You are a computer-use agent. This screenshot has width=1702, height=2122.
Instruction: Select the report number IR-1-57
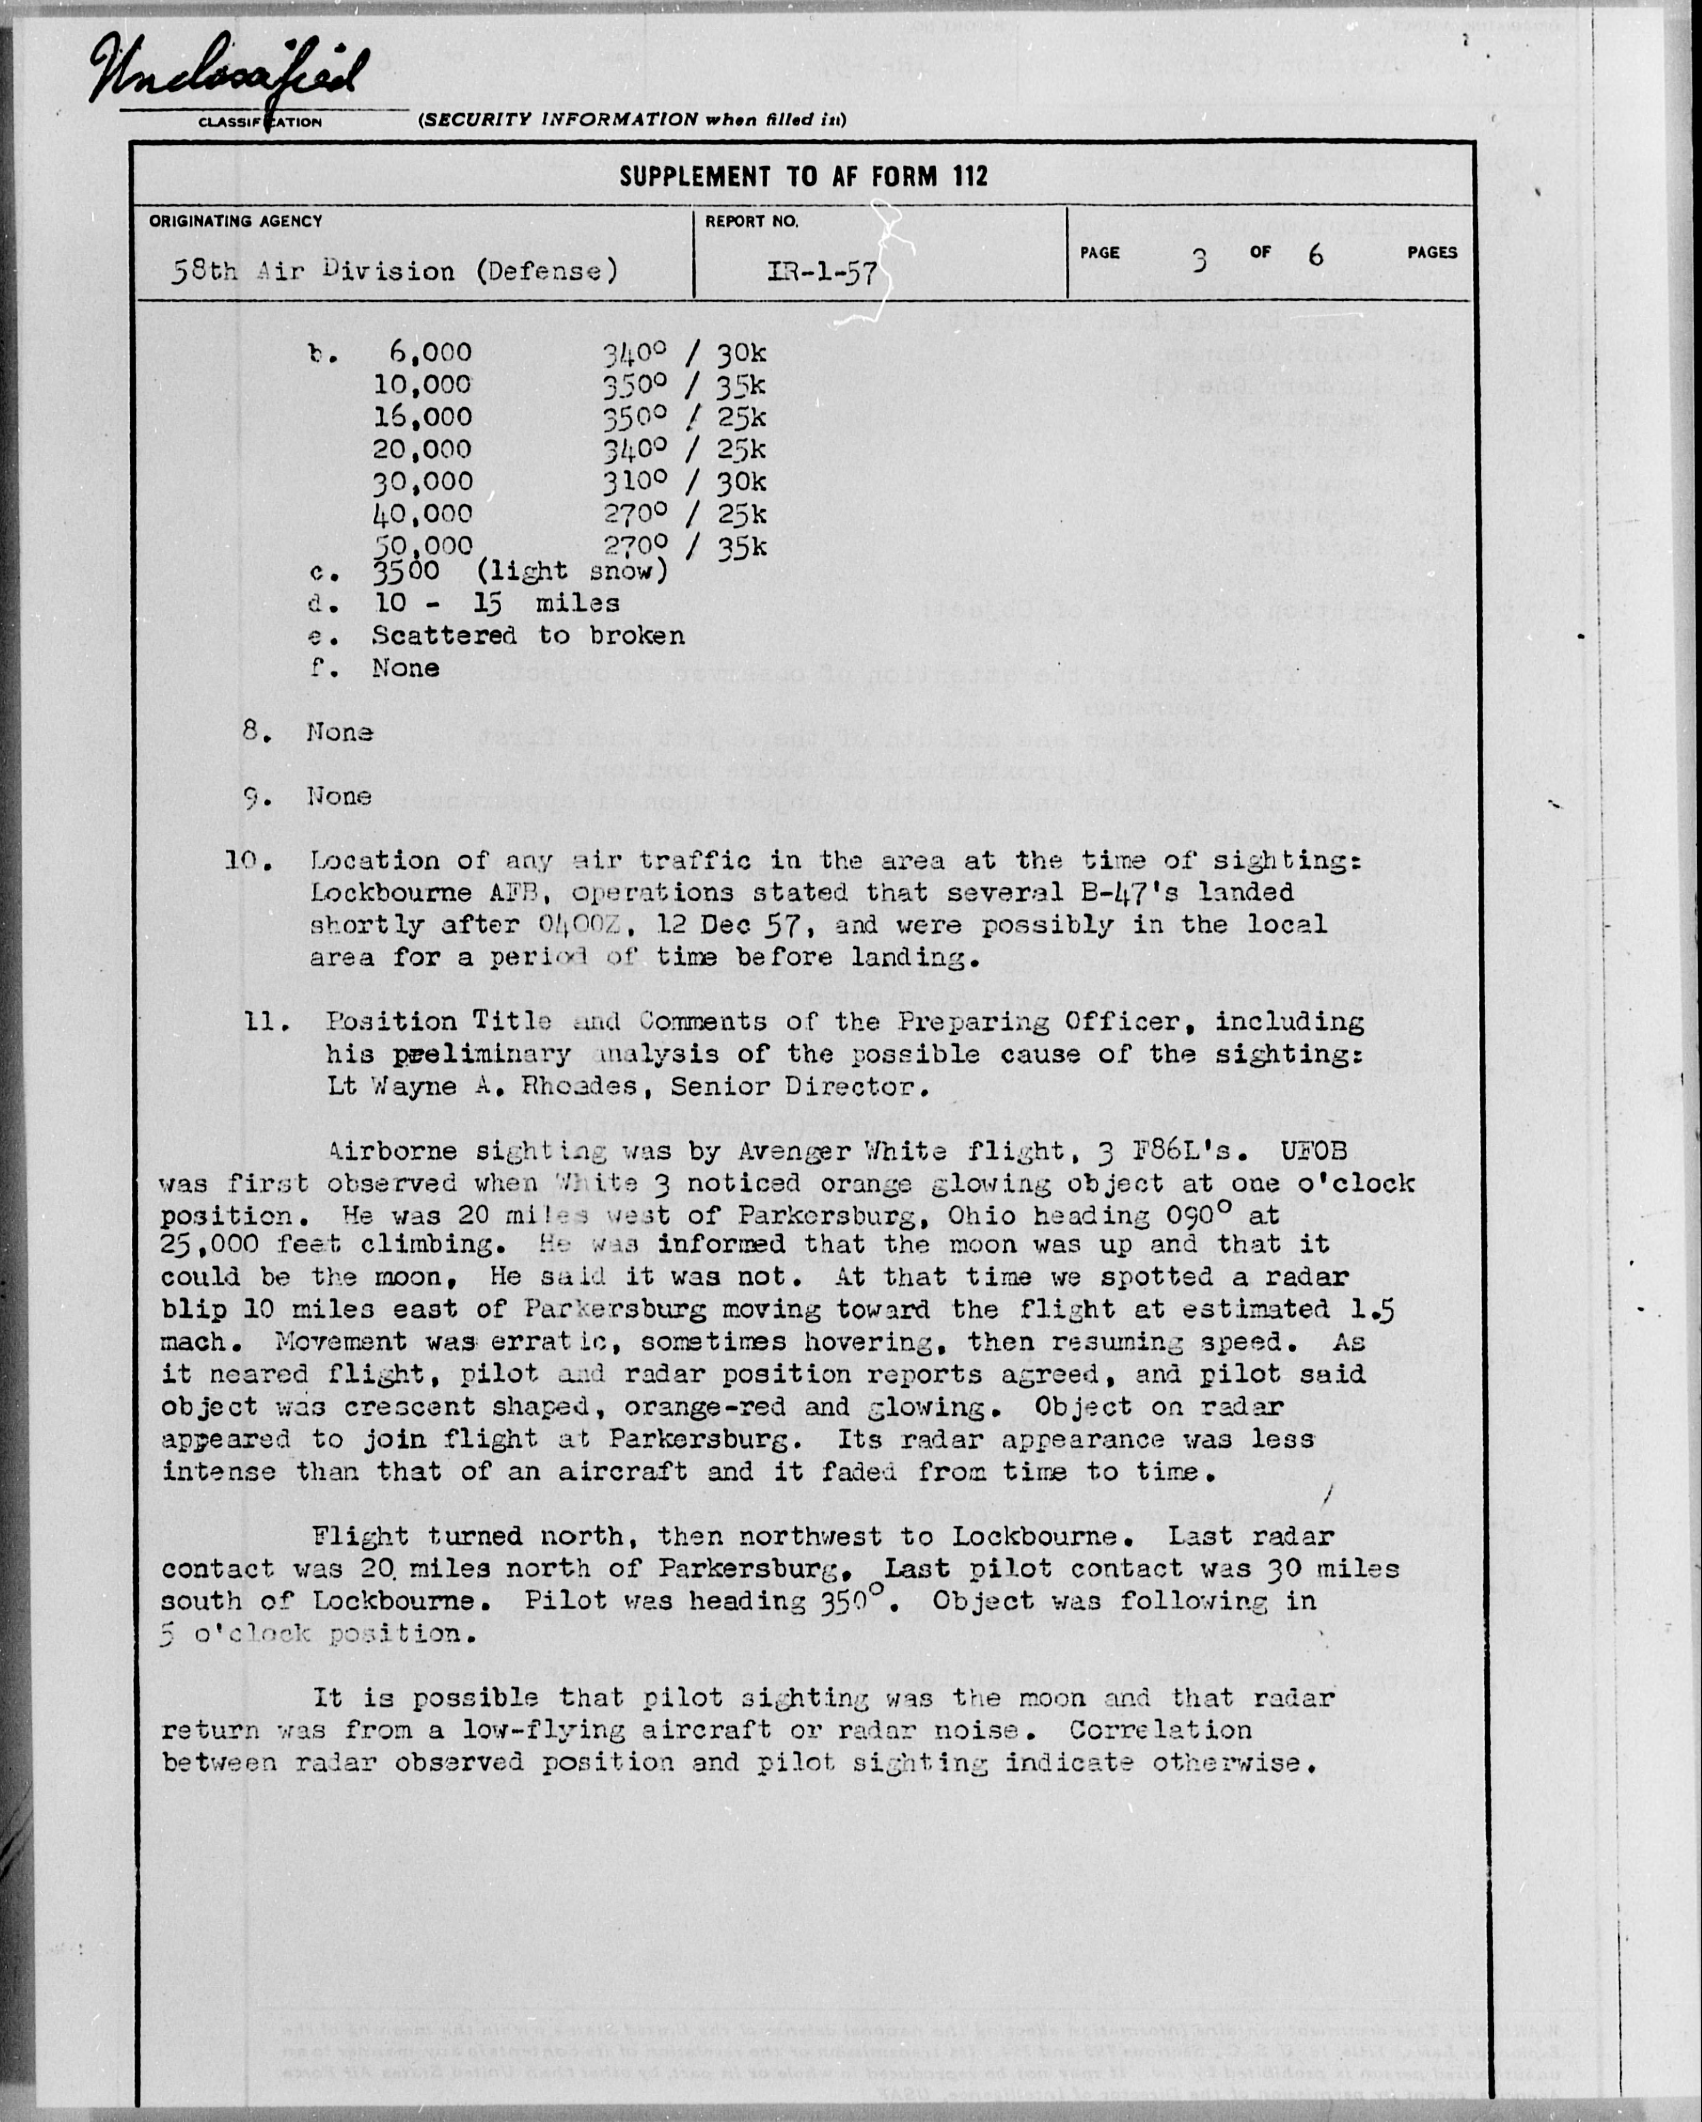[x=823, y=271]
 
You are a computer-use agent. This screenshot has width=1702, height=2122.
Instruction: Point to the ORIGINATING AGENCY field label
[x=236, y=222]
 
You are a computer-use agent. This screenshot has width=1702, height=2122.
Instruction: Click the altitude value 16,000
[x=422, y=417]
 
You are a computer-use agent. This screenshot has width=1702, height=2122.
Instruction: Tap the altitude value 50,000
[x=422, y=546]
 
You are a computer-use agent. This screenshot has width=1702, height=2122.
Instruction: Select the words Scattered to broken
[x=527, y=636]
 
